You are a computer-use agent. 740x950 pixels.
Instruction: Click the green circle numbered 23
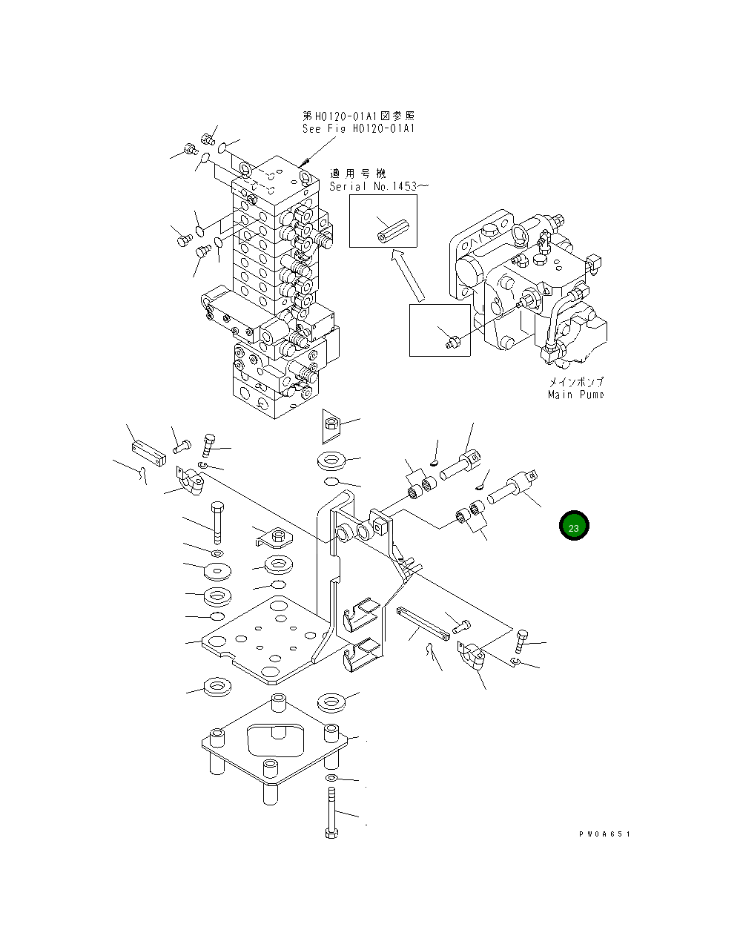coord(574,527)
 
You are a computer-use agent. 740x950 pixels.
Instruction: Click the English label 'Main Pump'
coord(575,395)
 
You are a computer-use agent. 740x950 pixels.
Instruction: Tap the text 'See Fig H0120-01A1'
coord(358,129)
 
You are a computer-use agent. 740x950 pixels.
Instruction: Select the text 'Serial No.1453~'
coord(378,186)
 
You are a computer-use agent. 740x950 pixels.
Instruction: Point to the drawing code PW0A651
coord(604,834)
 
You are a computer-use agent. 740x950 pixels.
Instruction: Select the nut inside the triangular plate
coord(331,424)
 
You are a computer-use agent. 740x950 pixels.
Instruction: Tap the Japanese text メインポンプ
coord(576,382)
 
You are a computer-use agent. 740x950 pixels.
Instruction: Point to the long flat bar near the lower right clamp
coord(423,623)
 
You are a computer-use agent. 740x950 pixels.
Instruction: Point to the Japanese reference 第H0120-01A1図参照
coord(358,116)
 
